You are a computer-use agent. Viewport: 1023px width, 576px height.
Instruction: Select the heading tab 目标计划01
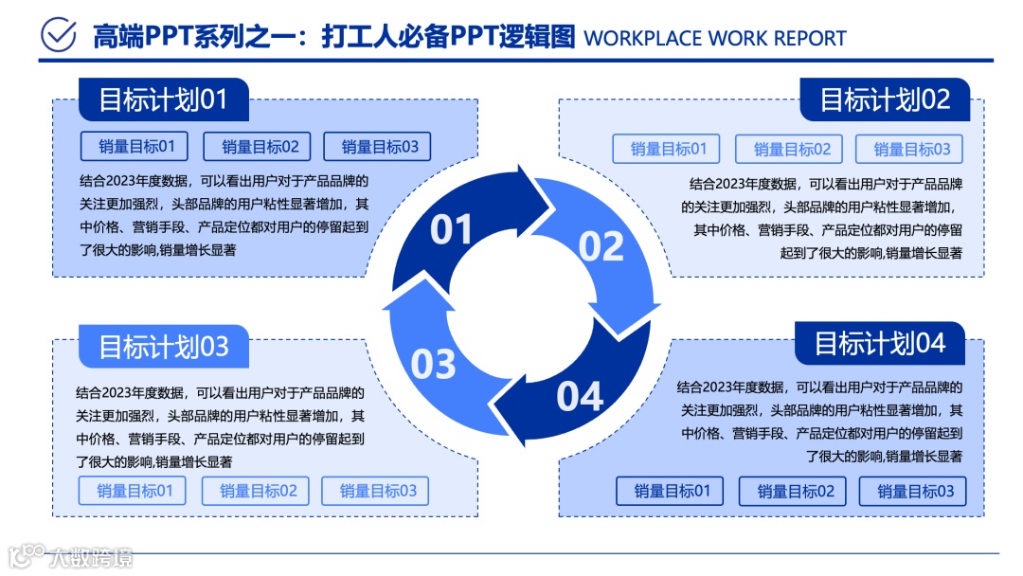(x=163, y=99)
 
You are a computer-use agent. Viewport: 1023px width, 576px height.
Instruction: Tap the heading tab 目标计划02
(x=884, y=99)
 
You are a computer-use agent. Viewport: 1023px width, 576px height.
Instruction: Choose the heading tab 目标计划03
(x=163, y=347)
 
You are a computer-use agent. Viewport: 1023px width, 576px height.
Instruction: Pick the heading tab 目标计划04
(x=879, y=343)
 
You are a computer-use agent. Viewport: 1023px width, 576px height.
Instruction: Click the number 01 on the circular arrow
(x=451, y=229)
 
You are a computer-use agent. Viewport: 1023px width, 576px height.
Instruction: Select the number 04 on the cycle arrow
(x=580, y=396)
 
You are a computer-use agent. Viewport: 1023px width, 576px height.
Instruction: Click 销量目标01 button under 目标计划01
(x=135, y=146)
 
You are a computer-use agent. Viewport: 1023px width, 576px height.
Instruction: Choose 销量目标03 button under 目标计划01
(x=377, y=146)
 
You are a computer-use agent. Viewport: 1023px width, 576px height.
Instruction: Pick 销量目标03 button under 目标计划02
(x=909, y=149)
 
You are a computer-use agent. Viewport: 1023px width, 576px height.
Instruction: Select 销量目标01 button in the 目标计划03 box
(x=133, y=491)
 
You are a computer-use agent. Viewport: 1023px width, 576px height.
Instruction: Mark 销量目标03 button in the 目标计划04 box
(x=913, y=491)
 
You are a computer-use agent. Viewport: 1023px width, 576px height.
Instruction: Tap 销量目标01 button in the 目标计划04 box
(x=670, y=491)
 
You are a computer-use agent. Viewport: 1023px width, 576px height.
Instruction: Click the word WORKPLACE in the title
(x=643, y=39)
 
